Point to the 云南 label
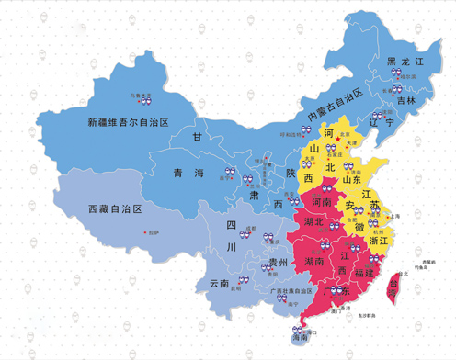click(x=221, y=283)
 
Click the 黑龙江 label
click(x=405, y=61)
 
